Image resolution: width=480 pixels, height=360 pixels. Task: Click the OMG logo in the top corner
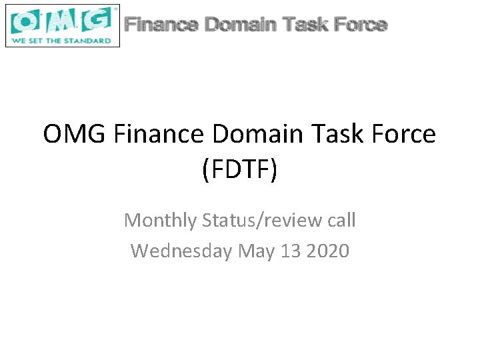point(62,25)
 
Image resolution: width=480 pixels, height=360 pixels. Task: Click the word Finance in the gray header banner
point(161,25)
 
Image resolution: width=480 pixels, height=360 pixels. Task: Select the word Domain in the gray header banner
point(241,25)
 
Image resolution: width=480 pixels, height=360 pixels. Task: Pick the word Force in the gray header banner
point(360,25)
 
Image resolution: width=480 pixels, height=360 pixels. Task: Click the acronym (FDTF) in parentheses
point(239,171)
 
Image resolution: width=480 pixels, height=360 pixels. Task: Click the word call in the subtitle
point(339,219)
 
